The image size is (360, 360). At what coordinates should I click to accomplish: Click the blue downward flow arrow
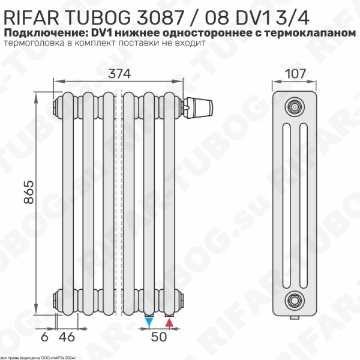point(149,323)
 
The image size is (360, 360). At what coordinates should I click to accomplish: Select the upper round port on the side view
point(294,106)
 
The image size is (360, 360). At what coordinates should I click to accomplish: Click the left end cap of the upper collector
point(55,106)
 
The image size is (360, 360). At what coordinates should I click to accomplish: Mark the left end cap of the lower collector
point(55,296)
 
